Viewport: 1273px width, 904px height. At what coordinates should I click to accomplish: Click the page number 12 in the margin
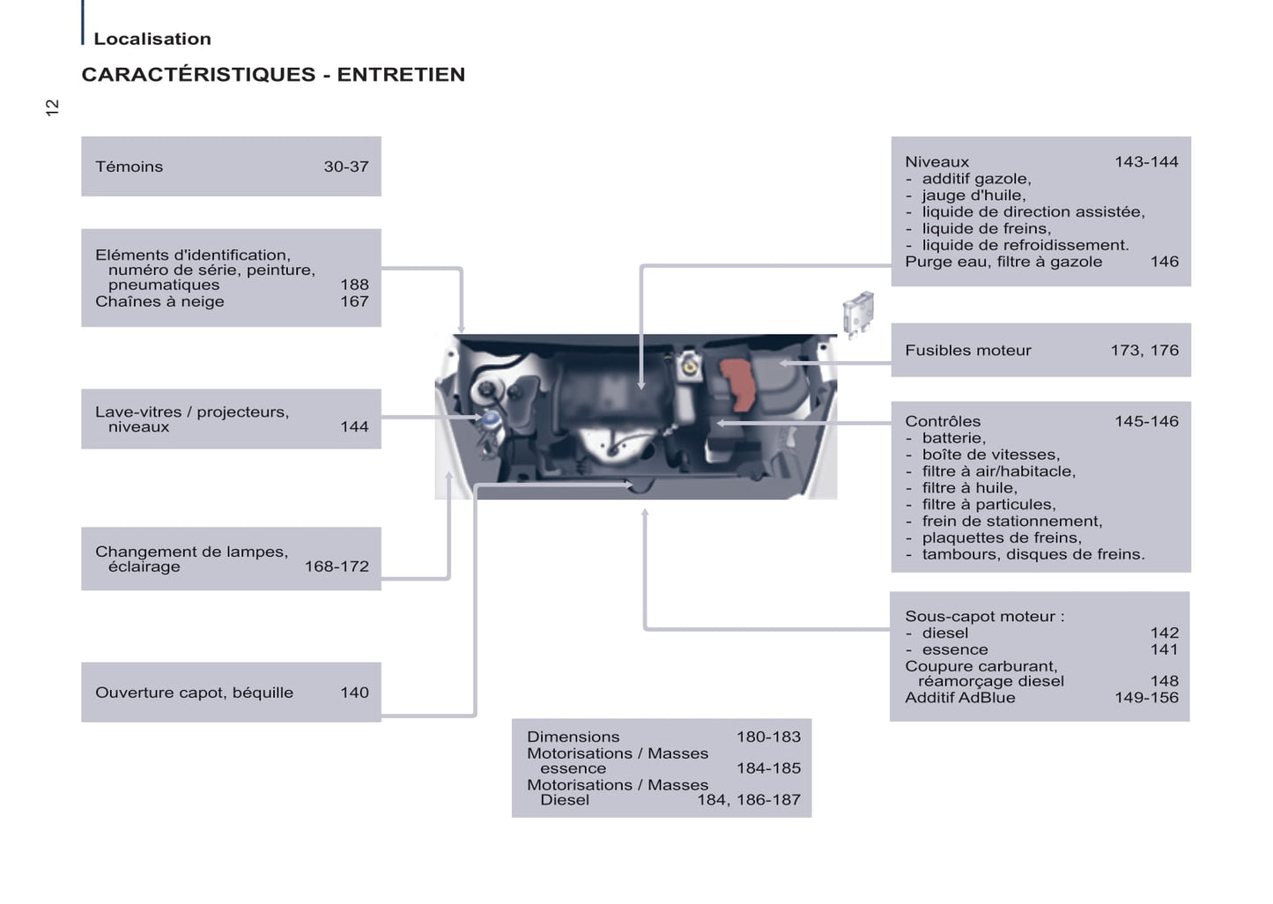[x=52, y=107]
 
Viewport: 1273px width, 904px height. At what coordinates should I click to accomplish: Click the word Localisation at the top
[x=152, y=39]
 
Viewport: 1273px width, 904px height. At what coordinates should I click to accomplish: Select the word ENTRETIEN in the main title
[x=401, y=75]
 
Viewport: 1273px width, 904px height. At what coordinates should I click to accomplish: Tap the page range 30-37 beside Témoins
[x=346, y=167]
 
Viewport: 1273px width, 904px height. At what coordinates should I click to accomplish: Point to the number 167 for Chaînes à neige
[x=354, y=301]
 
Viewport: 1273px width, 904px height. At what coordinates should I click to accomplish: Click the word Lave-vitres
[x=138, y=411]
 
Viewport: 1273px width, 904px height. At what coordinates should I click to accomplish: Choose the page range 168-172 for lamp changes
[x=337, y=567]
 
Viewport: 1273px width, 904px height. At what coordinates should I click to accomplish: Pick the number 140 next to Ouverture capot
[x=354, y=693]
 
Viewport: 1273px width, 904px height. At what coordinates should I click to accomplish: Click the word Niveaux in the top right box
[x=936, y=162]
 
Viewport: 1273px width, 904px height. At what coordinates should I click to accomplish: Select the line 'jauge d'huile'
[x=973, y=196]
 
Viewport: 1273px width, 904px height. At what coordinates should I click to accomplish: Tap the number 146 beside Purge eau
[x=1164, y=262]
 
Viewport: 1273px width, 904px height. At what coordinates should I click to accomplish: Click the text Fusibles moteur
[x=967, y=351]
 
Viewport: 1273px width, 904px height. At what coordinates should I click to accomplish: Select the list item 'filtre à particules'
[x=988, y=505]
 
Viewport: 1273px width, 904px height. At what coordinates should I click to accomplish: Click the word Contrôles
[x=943, y=421]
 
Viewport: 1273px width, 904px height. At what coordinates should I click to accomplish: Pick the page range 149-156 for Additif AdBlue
[x=1146, y=698]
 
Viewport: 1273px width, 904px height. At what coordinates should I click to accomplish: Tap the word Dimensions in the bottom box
[x=573, y=737]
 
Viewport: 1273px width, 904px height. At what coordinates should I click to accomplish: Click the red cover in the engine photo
[x=738, y=384]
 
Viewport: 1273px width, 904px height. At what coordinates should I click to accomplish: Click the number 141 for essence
[x=1164, y=649]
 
